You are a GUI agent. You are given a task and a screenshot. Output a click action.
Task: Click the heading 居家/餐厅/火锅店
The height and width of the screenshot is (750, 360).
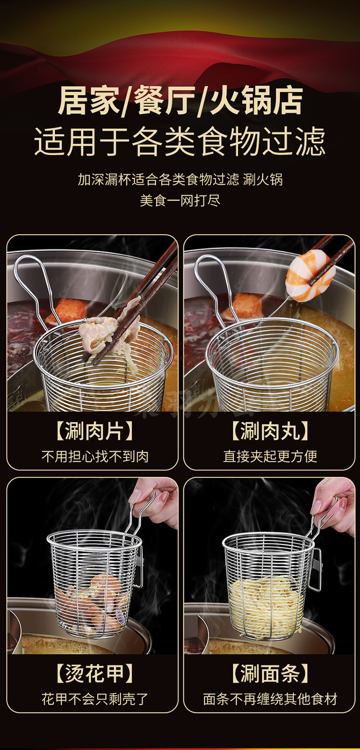[180, 101]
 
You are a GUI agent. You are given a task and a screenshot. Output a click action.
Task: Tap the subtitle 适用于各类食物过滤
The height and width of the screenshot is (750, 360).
[180, 142]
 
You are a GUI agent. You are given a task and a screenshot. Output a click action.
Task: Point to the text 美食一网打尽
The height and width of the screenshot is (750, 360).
[180, 201]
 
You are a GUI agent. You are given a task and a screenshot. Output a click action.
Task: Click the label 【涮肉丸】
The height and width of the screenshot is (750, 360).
[270, 431]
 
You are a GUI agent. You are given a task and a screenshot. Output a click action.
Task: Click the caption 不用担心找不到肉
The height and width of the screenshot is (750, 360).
[95, 456]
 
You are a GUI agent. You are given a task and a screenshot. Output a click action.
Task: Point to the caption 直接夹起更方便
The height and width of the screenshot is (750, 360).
[270, 456]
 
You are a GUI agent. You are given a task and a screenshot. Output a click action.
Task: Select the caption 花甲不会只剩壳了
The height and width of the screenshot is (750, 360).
[95, 699]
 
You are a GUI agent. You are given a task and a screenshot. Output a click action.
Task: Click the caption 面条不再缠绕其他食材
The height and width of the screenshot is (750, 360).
[270, 699]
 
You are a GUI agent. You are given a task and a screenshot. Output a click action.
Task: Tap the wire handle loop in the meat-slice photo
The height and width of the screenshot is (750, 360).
[34, 285]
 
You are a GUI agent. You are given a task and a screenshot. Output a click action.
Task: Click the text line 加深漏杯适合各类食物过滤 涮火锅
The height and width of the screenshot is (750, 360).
[180, 180]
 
